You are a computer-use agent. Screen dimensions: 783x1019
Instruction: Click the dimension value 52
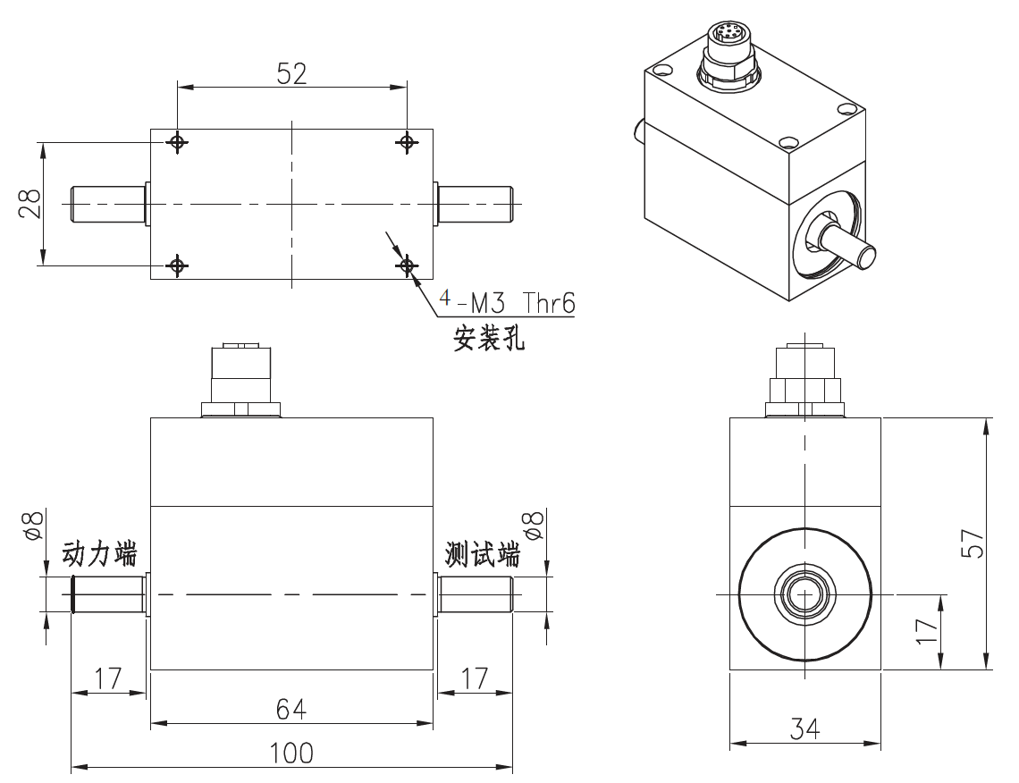point(291,73)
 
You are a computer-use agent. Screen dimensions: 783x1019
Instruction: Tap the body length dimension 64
point(291,709)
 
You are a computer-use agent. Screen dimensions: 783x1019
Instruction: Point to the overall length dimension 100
point(291,754)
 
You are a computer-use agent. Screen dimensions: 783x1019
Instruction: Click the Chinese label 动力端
point(99,555)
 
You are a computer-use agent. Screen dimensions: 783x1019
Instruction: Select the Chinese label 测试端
point(483,555)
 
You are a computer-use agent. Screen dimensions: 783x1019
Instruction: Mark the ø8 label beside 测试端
point(534,526)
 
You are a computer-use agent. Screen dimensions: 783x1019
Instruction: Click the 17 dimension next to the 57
point(927,631)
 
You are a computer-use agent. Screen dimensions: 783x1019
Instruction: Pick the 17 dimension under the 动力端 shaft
point(108,678)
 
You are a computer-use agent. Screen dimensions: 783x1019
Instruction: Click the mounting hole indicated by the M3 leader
point(407,265)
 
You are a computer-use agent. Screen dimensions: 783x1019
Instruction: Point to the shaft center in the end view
point(805,594)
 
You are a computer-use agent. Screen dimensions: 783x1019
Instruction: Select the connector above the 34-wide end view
point(805,375)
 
